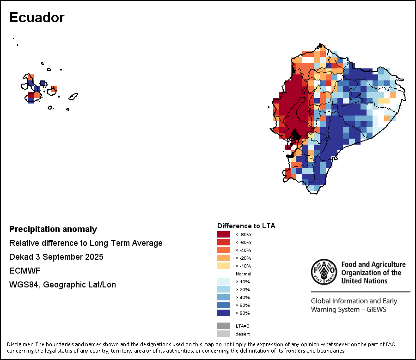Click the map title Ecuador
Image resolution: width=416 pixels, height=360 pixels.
[37, 18]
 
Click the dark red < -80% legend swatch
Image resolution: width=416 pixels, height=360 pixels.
[224, 234]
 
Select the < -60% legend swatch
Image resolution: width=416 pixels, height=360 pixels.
[224, 242]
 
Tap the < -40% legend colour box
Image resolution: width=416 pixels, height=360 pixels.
[224, 250]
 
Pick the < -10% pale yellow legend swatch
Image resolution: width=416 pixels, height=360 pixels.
[224, 266]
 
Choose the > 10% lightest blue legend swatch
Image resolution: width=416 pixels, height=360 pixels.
[224, 281]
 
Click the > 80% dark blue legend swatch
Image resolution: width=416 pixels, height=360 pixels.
[224, 313]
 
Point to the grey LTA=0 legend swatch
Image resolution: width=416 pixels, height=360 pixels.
[224, 326]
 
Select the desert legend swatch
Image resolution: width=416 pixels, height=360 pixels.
[224, 334]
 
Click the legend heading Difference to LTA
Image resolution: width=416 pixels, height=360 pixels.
[246, 226]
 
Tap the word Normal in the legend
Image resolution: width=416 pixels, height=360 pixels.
[243, 274]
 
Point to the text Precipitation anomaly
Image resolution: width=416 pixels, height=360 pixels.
[53, 229]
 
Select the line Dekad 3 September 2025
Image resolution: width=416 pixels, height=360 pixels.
[56, 257]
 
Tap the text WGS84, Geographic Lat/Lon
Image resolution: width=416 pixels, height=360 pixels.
[62, 285]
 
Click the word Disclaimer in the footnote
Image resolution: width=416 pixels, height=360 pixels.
[20, 344]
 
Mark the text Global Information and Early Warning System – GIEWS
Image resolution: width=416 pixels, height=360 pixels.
[354, 305]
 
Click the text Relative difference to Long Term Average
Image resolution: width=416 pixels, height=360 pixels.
[86, 243]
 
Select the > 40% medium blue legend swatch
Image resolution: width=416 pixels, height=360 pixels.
[224, 297]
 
